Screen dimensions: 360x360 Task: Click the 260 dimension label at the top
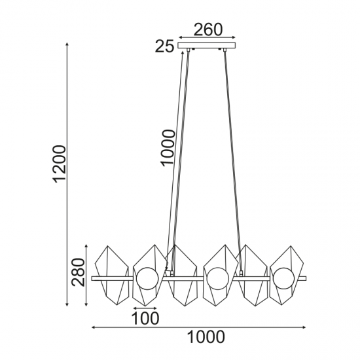click(x=208, y=29)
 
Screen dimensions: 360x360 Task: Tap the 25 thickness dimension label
click(x=164, y=46)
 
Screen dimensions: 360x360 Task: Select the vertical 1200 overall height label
click(x=60, y=164)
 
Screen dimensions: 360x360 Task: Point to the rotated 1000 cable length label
click(x=168, y=147)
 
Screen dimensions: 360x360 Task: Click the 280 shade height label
click(x=78, y=272)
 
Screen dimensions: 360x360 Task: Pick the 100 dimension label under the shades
click(x=145, y=318)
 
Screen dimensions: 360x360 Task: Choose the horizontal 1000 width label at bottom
click(x=206, y=337)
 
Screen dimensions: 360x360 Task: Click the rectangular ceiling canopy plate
click(x=207, y=45)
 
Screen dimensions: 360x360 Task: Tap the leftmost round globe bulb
click(x=147, y=278)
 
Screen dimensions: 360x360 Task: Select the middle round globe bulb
click(x=218, y=278)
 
